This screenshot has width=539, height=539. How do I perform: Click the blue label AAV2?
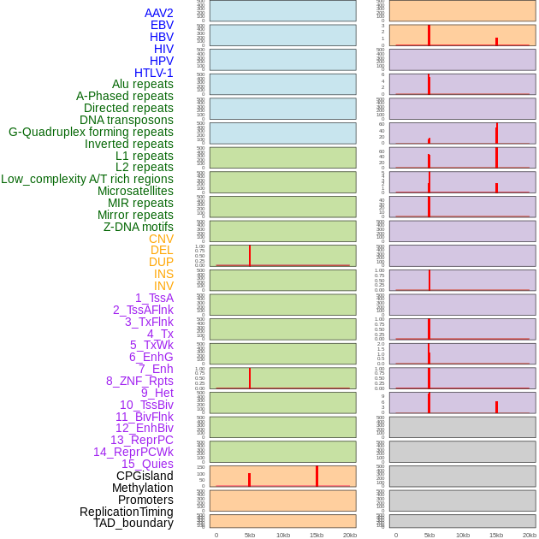pyautogui.click(x=158, y=13)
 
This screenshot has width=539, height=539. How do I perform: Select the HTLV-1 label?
pyautogui.click(x=153, y=73)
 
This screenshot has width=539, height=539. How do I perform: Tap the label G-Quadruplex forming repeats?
pyautogui.click(x=91, y=132)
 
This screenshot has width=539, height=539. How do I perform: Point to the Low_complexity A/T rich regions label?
pyautogui.click(x=87, y=179)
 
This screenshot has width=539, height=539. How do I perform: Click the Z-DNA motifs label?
pyautogui.click(x=139, y=227)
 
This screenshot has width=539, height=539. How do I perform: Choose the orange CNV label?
pyautogui.click(x=161, y=239)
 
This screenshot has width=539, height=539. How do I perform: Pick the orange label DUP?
pyautogui.click(x=161, y=262)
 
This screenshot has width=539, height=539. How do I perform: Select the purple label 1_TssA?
pyautogui.click(x=154, y=298)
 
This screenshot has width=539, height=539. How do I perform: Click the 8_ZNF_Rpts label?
pyautogui.click(x=139, y=381)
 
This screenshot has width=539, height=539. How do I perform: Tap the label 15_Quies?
pyautogui.click(x=146, y=464)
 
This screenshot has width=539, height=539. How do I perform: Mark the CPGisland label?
pyautogui.click(x=145, y=476)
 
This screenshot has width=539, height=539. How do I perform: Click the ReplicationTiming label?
pyautogui.click(x=126, y=512)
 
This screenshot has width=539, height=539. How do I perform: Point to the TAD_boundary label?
pyautogui.click(x=133, y=523)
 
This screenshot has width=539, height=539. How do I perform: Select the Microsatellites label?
pyautogui.click(x=135, y=191)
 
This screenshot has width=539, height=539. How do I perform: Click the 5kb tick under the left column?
pyautogui.click(x=250, y=535)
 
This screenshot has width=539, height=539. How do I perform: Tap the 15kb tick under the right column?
pyautogui.click(x=496, y=535)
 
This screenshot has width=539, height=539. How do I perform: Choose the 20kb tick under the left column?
pyautogui.click(x=350, y=535)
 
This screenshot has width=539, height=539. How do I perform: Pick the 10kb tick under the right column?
pyautogui.click(x=463, y=535)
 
